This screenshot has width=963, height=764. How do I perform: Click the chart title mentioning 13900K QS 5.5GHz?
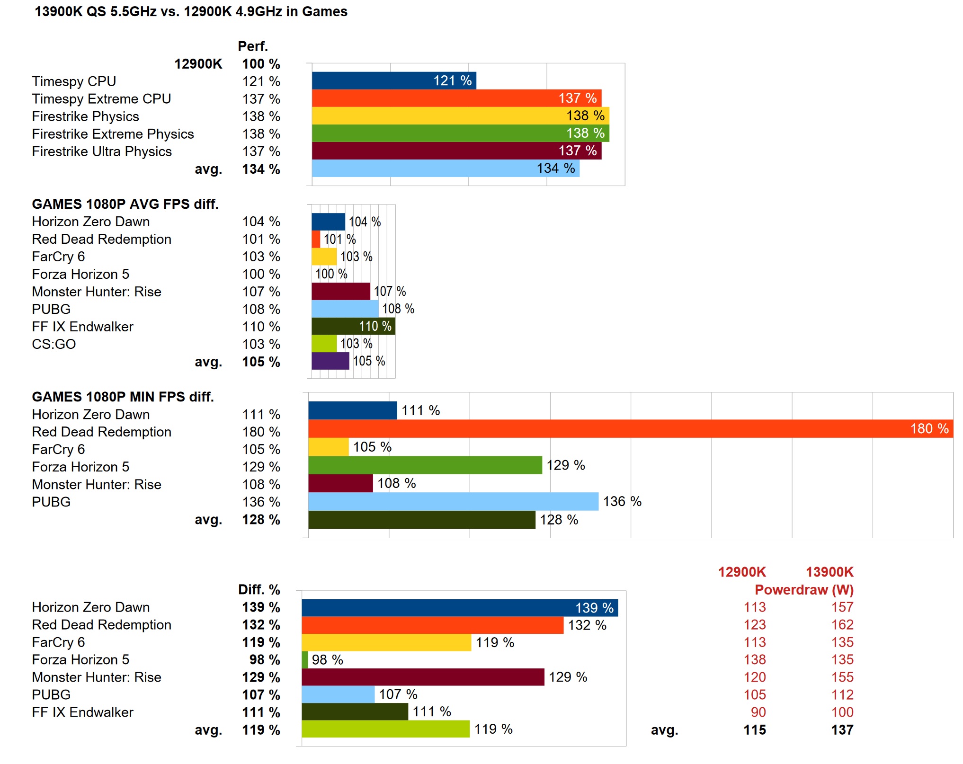click(x=191, y=11)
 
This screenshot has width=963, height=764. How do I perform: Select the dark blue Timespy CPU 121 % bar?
click(x=393, y=80)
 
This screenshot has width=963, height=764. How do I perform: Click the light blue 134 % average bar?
click(x=445, y=168)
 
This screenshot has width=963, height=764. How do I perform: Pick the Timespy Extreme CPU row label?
click(x=101, y=99)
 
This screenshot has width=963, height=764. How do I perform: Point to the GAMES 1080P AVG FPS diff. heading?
click(x=125, y=204)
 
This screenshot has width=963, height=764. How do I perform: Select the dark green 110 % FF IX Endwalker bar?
click(x=353, y=326)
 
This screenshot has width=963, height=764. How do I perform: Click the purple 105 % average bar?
click(x=330, y=361)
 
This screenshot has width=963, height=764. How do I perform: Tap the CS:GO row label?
click(x=53, y=344)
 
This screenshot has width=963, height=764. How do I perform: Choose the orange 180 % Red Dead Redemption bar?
click(x=630, y=428)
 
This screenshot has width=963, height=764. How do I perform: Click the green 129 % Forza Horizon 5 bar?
click(x=425, y=465)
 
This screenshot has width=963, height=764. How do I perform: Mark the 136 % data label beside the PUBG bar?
click(x=622, y=501)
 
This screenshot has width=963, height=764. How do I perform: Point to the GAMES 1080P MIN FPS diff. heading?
click(x=123, y=397)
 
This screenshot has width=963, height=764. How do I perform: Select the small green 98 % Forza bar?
click(x=305, y=659)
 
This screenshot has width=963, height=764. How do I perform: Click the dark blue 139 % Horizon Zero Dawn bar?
click(x=459, y=608)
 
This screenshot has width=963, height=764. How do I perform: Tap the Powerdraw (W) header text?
click(x=804, y=590)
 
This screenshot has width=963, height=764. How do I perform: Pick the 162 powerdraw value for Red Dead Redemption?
click(x=842, y=625)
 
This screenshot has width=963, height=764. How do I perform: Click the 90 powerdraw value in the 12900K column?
click(x=758, y=712)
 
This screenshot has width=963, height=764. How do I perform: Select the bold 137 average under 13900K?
click(x=842, y=730)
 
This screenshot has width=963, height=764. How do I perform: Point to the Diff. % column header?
click(x=259, y=590)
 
